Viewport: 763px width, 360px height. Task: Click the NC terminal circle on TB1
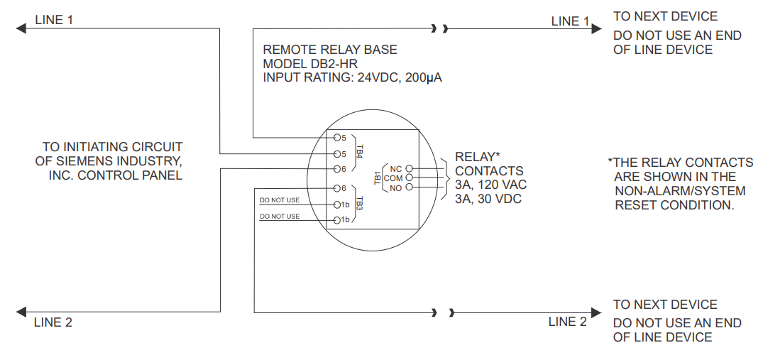pos(409,168)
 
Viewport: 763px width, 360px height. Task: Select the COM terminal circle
pos(409,178)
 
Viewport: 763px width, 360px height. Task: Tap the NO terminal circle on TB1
pos(409,187)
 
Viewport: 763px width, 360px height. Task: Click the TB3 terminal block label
pos(360,204)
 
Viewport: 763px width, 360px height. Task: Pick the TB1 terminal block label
pos(378,178)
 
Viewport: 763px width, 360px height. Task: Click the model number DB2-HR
pos(334,63)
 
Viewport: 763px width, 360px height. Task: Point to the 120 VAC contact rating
pos(500,185)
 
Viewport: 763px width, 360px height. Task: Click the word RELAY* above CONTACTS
pos(478,157)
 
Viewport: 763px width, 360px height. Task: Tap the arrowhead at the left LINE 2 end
pos(21,312)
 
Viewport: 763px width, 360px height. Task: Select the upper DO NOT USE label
pos(280,200)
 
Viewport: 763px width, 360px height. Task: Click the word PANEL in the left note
pos(163,175)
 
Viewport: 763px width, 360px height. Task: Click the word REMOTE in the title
pos(285,50)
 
